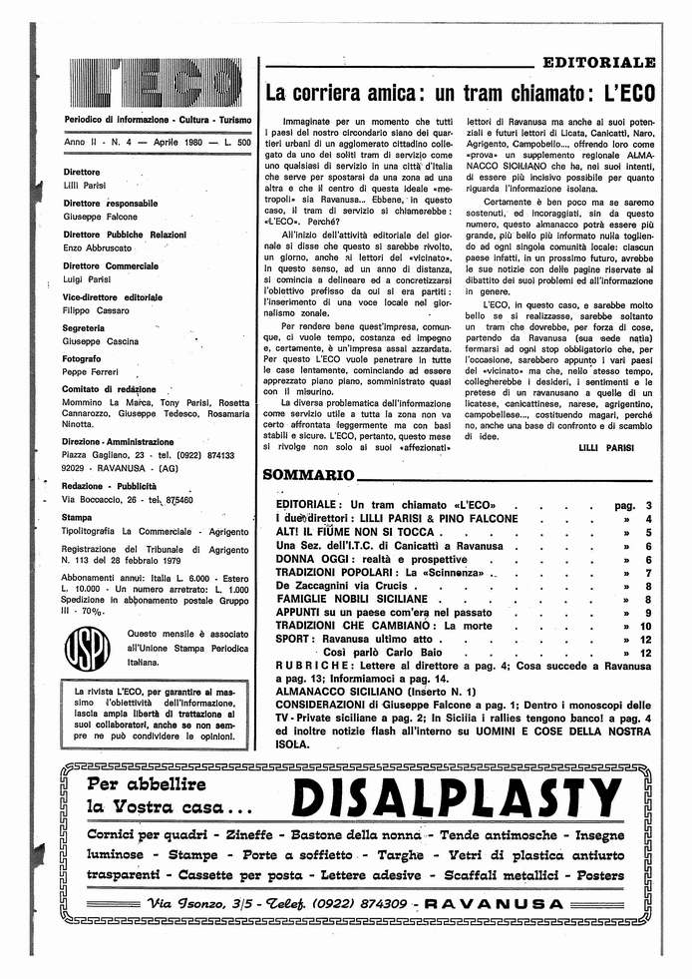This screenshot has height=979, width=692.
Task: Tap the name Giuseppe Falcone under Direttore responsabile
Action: (100, 217)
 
